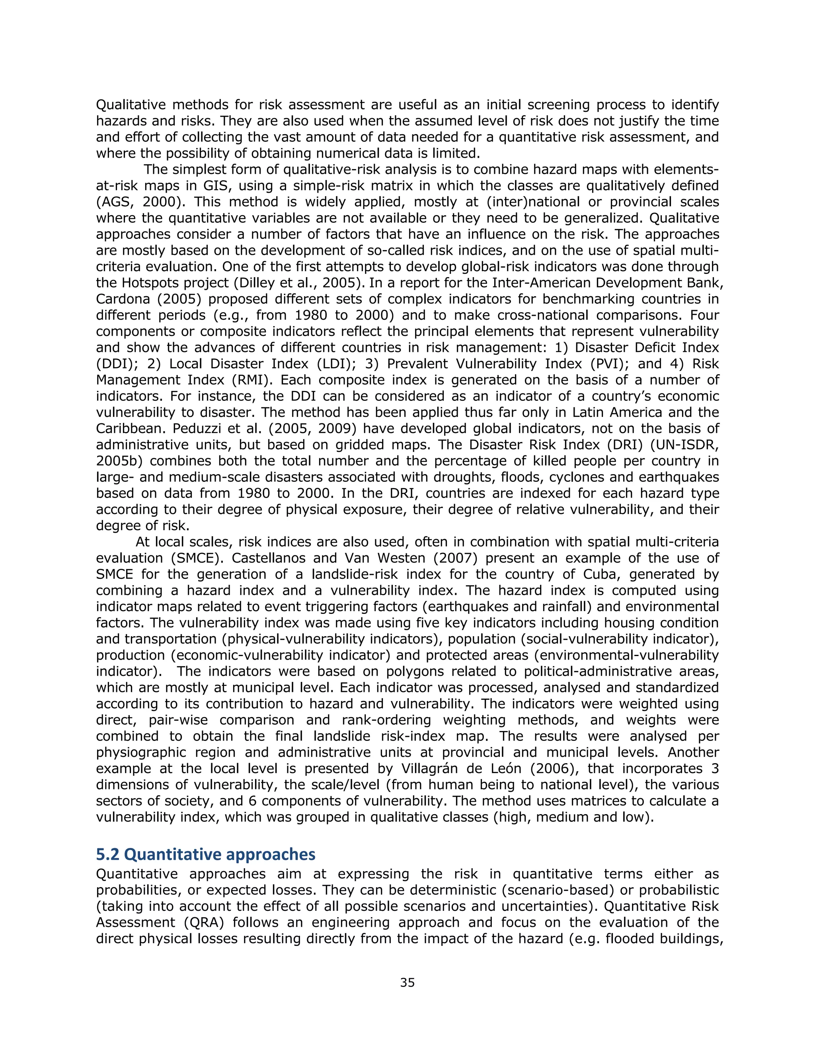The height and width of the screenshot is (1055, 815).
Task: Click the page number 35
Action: coord(407,983)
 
